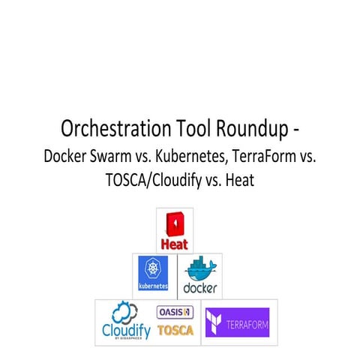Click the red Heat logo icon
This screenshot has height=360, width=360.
[175, 224]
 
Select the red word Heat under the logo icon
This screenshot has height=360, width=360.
[175, 244]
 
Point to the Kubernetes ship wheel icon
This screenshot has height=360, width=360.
[153, 269]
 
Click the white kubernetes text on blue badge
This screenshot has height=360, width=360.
[153, 286]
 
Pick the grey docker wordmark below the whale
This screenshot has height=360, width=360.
[199, 288]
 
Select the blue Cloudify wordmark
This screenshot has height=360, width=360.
[126, 330]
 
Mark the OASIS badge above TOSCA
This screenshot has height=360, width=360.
[174, 311]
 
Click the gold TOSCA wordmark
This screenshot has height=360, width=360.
[175, 329]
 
